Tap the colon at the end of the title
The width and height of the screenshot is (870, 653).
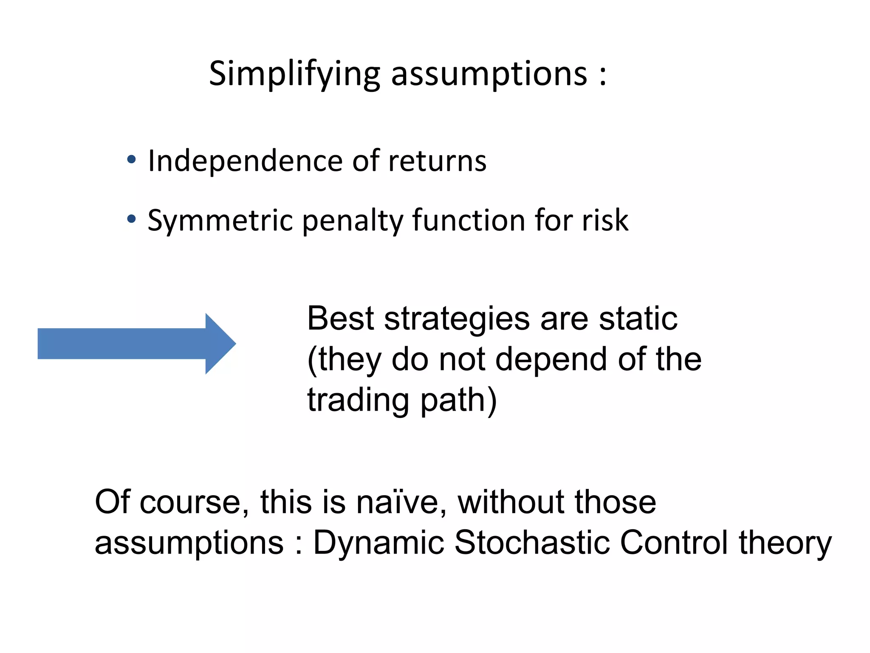603,76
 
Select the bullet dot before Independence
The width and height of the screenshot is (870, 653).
132,160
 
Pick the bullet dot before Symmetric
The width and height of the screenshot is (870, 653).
132,219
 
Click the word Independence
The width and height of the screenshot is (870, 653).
245,162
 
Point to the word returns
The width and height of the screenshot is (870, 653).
437,162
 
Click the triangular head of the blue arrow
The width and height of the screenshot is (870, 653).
219,344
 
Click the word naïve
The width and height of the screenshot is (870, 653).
401,503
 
